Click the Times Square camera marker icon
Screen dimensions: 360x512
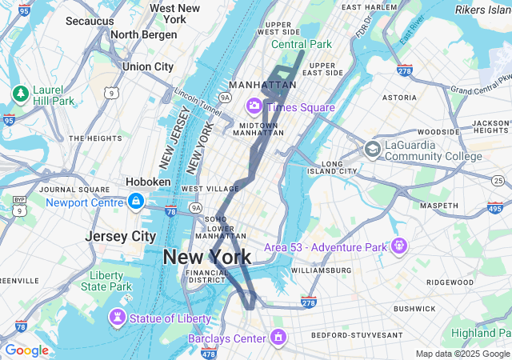(x=254, y=106)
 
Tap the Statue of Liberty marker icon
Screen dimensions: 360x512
(x=118, y=318)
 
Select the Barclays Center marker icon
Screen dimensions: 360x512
(x=278, y=337)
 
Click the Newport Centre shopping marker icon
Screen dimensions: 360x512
(x=135, y=200)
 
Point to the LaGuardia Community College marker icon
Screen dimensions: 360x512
(x=372, y=149)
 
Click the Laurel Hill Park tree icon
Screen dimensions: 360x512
(x=20, y=94)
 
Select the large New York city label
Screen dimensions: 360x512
(x=207, y=257)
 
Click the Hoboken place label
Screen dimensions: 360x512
(x=148, y=182)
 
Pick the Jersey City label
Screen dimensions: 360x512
(x=121, y=237)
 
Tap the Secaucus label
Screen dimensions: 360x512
(x=90, y=21)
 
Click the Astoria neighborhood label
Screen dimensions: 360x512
(x=399, y=98)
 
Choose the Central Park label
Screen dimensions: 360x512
(x=301, y=43)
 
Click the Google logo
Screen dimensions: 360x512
(x=26, y=350)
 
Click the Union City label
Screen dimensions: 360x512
(x=148, y=66)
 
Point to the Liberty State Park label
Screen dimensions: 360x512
(x=106, y=281)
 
